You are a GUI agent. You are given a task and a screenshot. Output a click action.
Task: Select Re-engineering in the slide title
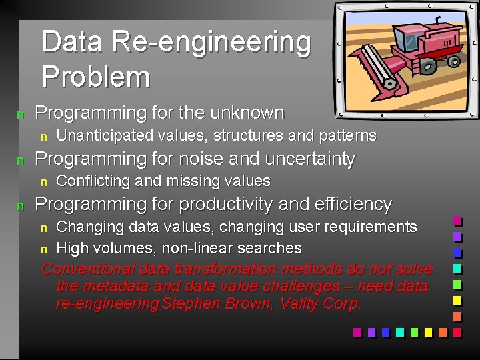(x=211, y=42)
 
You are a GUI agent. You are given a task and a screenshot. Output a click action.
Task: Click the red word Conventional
(x=89, y=269)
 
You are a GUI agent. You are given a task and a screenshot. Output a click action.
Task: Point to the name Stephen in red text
(x=193, y=305)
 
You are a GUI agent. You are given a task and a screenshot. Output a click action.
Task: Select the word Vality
(x=299, y=305)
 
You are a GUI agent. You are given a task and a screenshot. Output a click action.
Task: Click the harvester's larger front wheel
(x=427, y=65)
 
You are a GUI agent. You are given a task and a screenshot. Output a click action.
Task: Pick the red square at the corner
(x=457, y=331)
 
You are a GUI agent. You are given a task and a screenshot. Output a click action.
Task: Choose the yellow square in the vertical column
(x=457, y=299)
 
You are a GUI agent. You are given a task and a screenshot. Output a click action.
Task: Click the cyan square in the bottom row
(x=399, y=331)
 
